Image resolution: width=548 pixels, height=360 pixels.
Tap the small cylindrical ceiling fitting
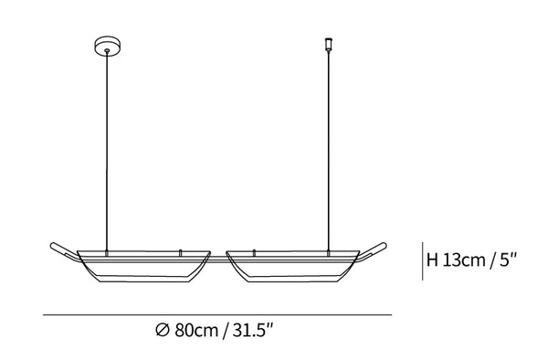[328, 44]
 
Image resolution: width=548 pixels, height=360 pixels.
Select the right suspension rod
[329, 151]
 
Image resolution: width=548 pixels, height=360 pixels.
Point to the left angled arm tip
[53, 245]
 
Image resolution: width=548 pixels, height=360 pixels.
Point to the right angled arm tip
[384, 246]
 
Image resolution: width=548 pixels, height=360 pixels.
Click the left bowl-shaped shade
[143, 266]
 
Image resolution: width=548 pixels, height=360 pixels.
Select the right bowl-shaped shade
[293, 266]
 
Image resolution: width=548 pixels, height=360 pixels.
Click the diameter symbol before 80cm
[163, 330]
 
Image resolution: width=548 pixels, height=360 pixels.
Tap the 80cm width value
[196, 330]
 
